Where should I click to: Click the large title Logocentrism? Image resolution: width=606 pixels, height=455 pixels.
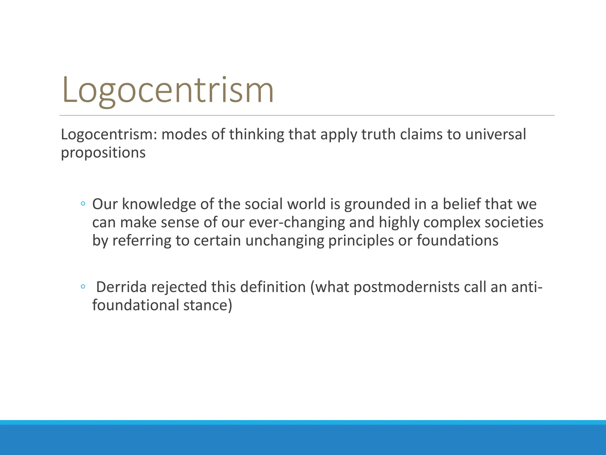[168, 90]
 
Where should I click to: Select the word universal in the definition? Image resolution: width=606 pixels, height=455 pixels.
[496, 134]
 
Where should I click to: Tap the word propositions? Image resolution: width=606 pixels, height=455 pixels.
[103, 153]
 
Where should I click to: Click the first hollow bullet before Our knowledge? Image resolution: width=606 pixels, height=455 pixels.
[83, 204]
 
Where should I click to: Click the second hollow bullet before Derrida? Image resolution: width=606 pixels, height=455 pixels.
[83, 287]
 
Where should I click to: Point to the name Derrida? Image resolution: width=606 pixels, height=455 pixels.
[121, 287]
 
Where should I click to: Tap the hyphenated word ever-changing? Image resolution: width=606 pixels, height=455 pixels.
[297, 222]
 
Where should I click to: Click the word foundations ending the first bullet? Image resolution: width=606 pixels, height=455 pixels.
[457, 240]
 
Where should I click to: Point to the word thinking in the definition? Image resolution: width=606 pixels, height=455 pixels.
[256, 134]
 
